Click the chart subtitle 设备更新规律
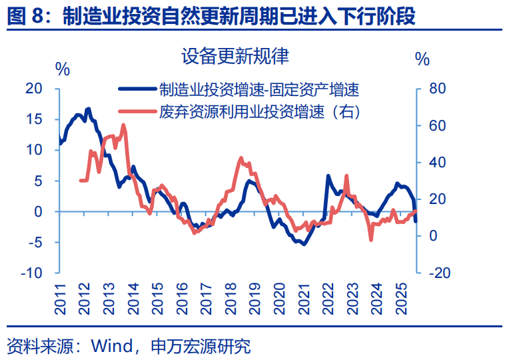[235, 56]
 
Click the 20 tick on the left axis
[34, 89]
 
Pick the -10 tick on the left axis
[32, 273]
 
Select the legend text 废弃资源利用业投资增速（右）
[260, 111]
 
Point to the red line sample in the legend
[136, 111]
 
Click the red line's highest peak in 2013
[123, 125]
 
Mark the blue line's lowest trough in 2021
[304, 244]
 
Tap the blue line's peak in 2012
[89, 108]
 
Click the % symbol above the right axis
[422, 59]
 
